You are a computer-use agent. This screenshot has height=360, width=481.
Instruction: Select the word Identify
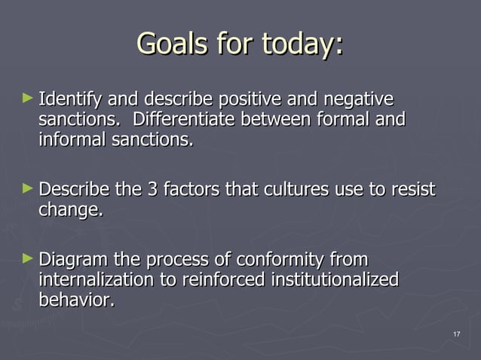71,99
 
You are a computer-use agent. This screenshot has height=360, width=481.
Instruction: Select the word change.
70,210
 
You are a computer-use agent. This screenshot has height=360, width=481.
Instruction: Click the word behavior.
77,301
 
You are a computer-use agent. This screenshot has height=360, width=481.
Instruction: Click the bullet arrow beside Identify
28,98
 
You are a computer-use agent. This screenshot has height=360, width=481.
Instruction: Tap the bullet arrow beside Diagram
28,259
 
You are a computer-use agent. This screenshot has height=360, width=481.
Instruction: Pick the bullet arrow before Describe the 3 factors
28,188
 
